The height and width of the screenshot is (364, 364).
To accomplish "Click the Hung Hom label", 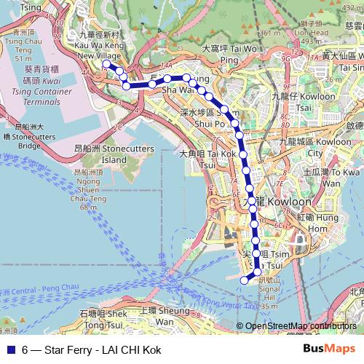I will [325, 223].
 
